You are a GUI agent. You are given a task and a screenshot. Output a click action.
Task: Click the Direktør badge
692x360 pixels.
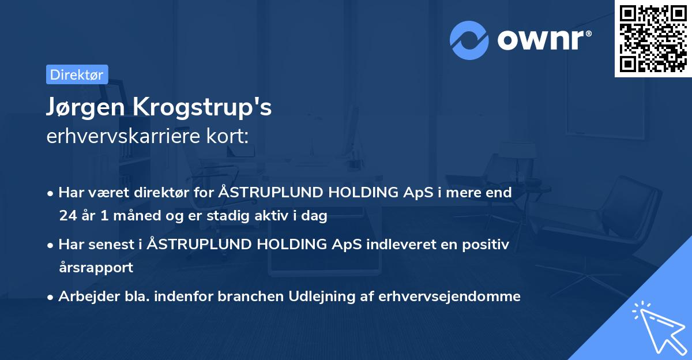pos(77,74)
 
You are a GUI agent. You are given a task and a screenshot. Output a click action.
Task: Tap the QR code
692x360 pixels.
pos(653,38)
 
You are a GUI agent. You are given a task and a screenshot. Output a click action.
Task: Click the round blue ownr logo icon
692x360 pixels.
pos(469,40)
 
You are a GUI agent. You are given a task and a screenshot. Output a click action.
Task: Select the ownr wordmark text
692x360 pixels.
pos(544,40)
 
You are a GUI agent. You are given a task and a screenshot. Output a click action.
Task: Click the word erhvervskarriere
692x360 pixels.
pos(123,136)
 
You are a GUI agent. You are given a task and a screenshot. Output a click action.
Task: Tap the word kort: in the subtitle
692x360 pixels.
pos(227,136)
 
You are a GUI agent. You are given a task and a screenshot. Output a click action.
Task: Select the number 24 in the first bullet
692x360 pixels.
pos(68,215)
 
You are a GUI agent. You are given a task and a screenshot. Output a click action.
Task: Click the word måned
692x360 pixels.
pos(137,215)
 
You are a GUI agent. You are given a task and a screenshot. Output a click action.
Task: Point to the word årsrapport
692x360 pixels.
pos(96,268)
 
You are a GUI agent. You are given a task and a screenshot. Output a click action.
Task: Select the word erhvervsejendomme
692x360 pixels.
pos(449,297)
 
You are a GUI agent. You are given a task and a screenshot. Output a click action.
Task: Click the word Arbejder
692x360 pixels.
pos(89,297)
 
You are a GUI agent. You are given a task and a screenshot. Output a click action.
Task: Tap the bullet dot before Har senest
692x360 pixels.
pos(50,246)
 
